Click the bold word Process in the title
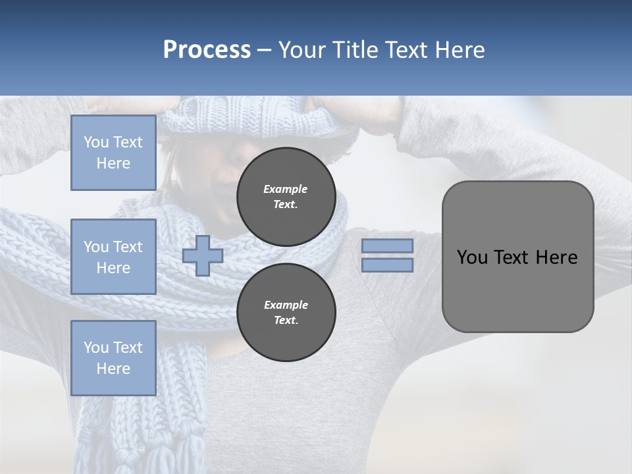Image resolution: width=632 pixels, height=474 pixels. (207, 50)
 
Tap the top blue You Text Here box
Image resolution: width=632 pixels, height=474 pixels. (113, 153)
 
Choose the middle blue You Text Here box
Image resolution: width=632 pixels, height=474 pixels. (113, 257)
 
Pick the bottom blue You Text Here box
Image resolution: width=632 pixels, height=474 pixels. (113, 358)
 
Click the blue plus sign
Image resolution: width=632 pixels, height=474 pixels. (203, 256)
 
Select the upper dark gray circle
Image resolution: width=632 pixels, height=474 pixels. (286, 197)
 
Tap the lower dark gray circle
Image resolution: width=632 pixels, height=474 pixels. (286, 313)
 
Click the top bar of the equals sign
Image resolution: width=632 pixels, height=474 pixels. (387, 246)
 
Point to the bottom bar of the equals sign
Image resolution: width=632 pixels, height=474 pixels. (387, 265)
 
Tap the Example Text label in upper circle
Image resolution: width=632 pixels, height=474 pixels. (286, 197)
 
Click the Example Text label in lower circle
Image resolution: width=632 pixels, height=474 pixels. (286, 313)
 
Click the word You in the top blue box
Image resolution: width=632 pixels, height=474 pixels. (96, 142)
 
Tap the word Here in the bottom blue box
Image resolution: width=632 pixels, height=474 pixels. (113, 369)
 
